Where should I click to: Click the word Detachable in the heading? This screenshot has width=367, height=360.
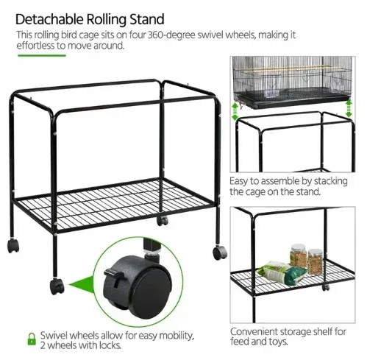pyautogui.click(x=49, y=19)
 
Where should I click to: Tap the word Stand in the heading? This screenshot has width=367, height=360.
pyautogui.click(x=147, y=19)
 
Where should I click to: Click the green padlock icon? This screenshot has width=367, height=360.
pyautogui.click(x=32, y=339)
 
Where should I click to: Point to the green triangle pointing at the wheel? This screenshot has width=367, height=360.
pyautogui.click(x=82, y=284)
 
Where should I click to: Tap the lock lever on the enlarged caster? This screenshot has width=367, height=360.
pyautogui.click(x=113, y=275)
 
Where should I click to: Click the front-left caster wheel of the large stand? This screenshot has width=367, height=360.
pyautogui.click(x=57, y=286)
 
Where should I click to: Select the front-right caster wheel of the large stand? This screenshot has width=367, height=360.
pyautogui.click(x=220, y=253)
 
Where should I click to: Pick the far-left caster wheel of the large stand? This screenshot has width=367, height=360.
pyautogui.click(x=13, y=246)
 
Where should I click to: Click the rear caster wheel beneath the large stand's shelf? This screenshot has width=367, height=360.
pyautogui.click(x=163, y=220)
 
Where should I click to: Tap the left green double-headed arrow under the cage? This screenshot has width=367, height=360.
pyautogui.click(x=235, y=111)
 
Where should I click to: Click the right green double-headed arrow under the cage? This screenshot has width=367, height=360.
pyautogui.click(x=349, y=108)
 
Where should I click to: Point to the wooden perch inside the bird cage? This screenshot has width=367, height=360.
pyautogui.click(x=283, y=68)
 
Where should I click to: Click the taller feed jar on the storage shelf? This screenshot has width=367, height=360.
pyautogui.click(x=299, y=255)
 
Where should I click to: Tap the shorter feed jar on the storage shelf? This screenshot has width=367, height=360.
pyautogui.click(x=316, y=261)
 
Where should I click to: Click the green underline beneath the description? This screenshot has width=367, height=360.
pyautogui.click(x=42, y=55)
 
